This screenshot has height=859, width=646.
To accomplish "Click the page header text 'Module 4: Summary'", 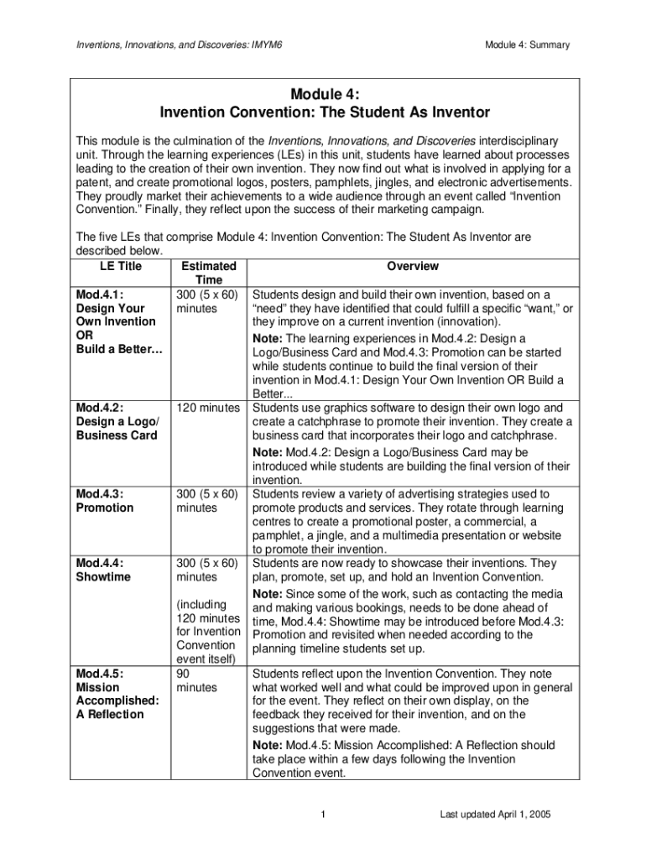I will [x=527, y=44].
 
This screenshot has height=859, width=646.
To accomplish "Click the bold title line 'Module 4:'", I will [x=323, y=96].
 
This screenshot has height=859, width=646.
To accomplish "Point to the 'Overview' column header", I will [x=412, y=267].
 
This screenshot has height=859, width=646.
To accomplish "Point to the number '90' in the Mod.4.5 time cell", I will [x=185, y=674].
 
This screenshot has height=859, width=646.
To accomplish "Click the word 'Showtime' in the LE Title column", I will [x=103, y=577].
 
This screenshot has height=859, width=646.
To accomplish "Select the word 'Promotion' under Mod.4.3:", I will [x=105, y=508].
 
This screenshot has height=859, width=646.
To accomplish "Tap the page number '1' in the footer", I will [x=323, y=815].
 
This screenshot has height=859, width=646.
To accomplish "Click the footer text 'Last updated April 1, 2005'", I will [x=496, y=815].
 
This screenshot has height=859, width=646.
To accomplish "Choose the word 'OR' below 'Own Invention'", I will [x=86, y=335].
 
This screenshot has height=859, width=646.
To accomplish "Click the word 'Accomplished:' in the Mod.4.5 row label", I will [x=110, y=700].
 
